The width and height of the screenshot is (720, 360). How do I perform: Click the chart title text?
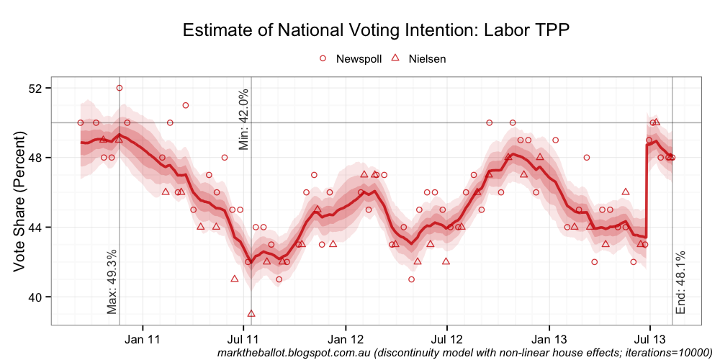pyautogui.click(x=376, y=30)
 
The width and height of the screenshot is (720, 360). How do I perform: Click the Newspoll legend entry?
pyautogui.click(x=358, y=59)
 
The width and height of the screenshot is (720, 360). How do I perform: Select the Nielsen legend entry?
pyautogui.click(x=426, y=59)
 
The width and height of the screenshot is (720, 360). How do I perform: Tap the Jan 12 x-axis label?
pyautogui.click(x=346, y=338)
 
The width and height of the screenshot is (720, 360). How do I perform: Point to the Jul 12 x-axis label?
pyautogui.click(x=447, y=338)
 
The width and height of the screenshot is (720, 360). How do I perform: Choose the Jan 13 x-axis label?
pyautogui.click(x=550, y=338)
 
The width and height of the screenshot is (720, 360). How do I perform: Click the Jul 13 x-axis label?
pyautogui.click(x=650, y=338)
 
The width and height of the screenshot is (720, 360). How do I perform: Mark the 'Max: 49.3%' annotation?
pyautogui.click(x=112, y=282)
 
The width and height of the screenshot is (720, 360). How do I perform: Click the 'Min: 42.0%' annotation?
pyautogui.click(x=243, y=120)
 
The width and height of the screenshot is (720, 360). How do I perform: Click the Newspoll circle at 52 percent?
pyautogui.click(x=120, y=88)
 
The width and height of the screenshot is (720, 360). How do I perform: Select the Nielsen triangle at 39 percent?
pyautogui.click(x=251, y=313)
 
